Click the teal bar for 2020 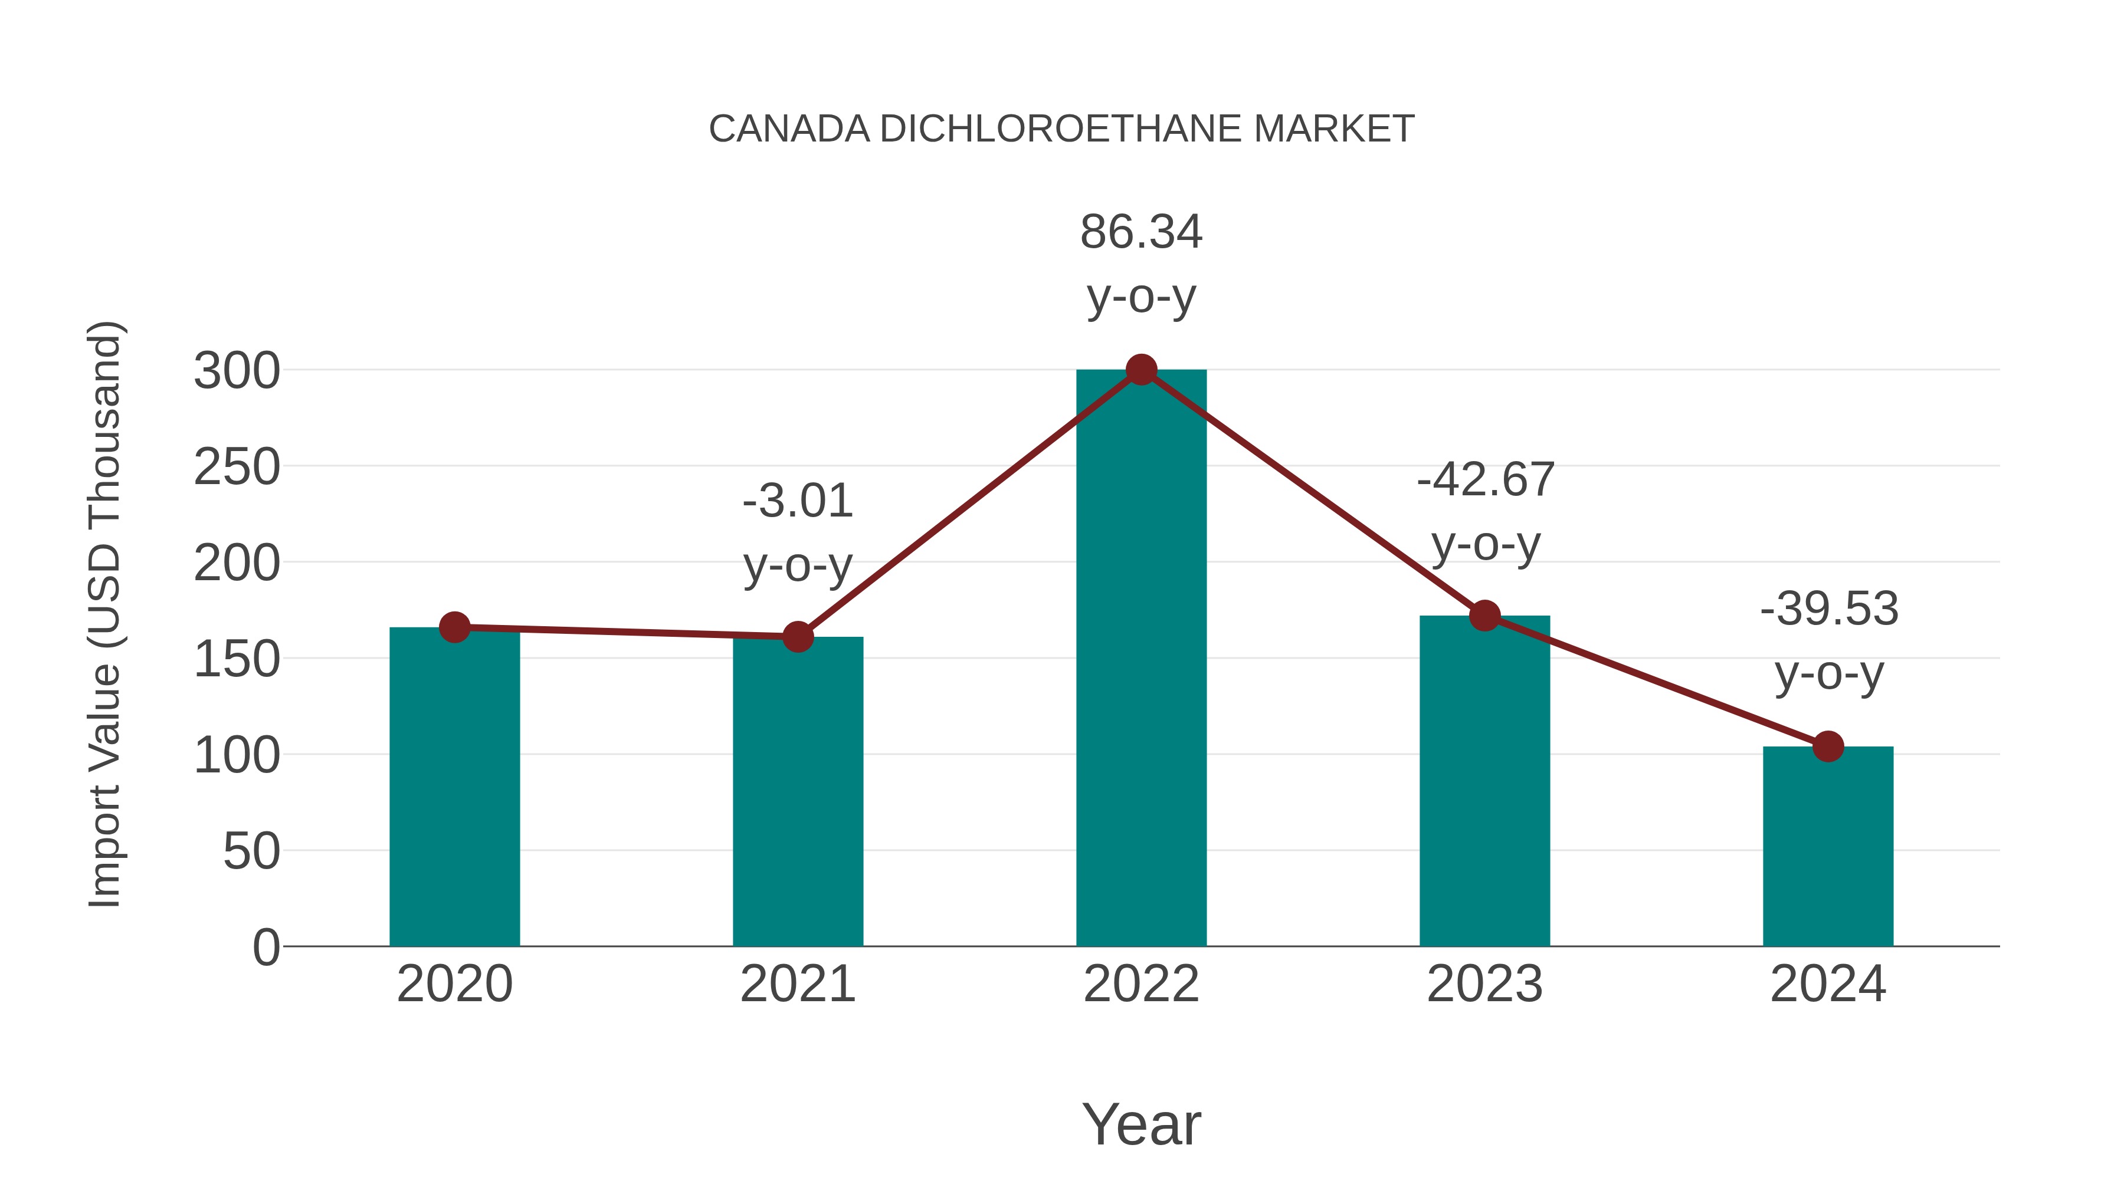pos(454,787)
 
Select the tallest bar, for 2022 pos(1141,659)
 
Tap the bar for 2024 pos(1828,846)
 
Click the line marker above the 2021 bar pos(797,636)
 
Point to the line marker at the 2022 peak pos(1141,370)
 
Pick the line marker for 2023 pos(1484,616)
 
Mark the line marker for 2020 pos(454,627)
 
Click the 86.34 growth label pos(1141,232)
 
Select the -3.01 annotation pos(797,501)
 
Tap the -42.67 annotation pos(1485,479)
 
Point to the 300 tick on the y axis pos(237,371)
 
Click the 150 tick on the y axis pos(237,659)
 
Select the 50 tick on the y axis pos(251,851)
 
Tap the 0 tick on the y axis pos(265,947)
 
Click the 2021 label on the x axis pos(797,984)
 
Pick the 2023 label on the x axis pos(1484,984)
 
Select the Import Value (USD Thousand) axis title pos(106,614)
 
